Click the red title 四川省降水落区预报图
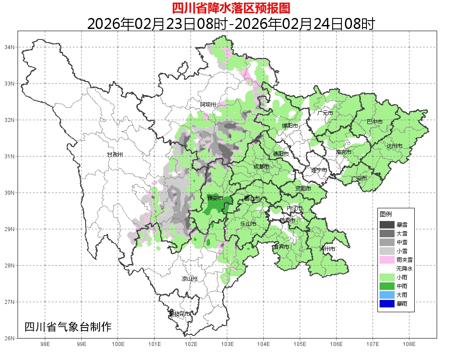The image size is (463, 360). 231,8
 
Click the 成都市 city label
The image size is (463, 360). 261,167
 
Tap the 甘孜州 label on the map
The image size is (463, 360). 115,155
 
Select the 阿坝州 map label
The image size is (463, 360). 208,104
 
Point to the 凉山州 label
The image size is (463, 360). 190,279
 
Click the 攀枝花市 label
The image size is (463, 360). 179,314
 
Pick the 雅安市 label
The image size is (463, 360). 215,198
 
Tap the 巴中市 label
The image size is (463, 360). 374,122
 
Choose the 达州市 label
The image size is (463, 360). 394,146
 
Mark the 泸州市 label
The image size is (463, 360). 327,249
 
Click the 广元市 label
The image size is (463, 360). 325,113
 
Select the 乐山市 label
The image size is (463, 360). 248,224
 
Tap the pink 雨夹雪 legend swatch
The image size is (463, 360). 387,260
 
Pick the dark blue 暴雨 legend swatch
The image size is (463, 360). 387,303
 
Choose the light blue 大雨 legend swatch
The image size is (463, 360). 387,295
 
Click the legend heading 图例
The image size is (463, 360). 386,214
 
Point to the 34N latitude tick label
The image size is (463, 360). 10,47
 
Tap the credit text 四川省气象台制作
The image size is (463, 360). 68,327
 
